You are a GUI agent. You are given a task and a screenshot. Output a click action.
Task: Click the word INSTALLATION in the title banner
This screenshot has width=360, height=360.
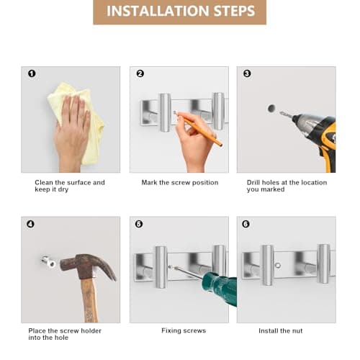[158, 11]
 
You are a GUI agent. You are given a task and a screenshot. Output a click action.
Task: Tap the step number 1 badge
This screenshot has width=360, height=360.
[32, 73]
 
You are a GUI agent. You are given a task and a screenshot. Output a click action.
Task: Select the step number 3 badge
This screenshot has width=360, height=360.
[247, 73]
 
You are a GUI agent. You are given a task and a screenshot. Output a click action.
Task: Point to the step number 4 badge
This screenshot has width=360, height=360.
[30, 224]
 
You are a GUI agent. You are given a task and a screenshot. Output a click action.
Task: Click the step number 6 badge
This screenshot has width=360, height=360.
[246, 224]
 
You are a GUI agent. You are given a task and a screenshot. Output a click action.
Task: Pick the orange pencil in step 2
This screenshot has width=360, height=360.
[198, 128]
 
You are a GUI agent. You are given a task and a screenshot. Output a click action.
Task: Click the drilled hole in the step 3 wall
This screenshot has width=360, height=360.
[271, 109]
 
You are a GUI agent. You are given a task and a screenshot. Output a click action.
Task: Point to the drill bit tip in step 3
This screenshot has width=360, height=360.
[280, 112]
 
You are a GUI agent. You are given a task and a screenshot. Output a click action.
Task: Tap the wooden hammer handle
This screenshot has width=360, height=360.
[89, 300]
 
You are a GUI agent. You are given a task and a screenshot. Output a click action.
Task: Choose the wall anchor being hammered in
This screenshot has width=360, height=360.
[48, 261]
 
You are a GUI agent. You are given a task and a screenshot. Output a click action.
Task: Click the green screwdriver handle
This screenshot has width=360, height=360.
[220, 288]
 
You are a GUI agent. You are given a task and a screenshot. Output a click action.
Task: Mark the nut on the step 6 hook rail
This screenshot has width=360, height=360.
[278, 266]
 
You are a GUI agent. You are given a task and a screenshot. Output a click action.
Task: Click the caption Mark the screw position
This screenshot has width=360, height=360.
[180, 183]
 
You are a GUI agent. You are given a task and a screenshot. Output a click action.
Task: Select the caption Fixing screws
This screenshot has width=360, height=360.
[184, 330]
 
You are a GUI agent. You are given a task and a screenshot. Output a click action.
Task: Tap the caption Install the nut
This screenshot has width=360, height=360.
[280, 331]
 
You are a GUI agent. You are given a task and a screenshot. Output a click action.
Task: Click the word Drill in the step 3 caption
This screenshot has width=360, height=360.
[253, 183]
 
